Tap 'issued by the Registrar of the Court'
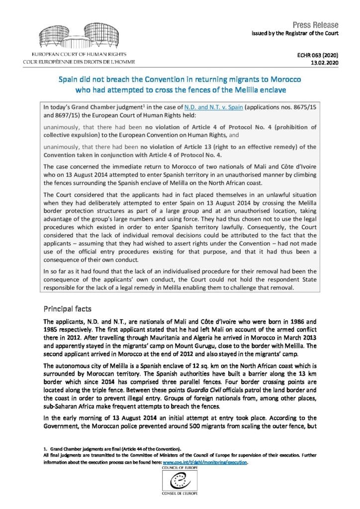[x=296, y=33]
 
